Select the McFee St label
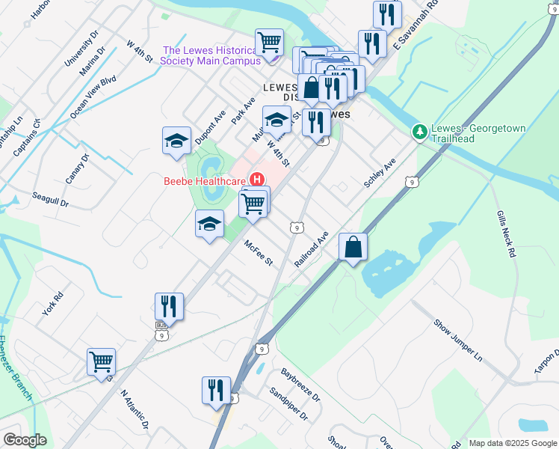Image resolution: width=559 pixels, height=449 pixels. click(x=259, y=253)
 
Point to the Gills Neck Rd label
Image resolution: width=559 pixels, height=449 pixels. click(x=506, y=234)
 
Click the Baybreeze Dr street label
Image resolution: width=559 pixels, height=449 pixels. click(x=300, y=382)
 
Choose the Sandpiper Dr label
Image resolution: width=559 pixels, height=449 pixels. click(x=288, y=405)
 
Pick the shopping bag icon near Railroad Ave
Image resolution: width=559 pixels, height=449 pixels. click(x=353, y=246)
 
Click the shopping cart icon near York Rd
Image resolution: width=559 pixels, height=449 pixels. click(x=101, y=362)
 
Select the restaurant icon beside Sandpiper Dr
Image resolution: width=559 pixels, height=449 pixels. click(x=216, y=390)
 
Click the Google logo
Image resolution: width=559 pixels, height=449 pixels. click(x=25, y=440)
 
